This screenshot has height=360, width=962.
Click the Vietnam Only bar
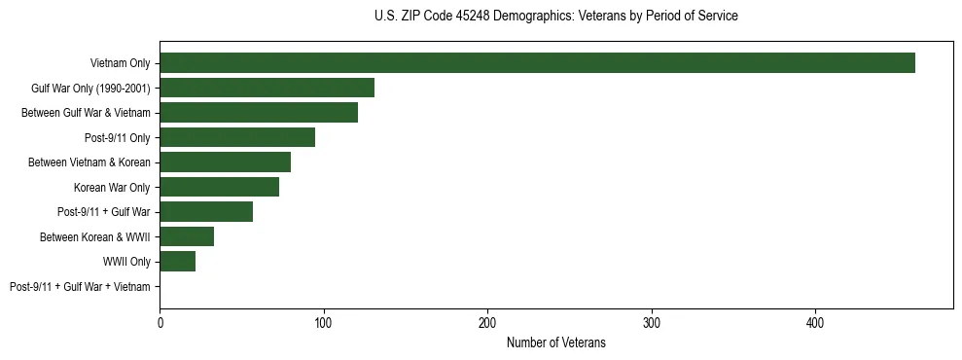537,63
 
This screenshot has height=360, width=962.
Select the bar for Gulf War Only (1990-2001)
267,88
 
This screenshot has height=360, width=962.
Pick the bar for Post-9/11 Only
237,137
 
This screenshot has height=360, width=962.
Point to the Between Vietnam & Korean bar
225,162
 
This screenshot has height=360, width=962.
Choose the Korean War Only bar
219,187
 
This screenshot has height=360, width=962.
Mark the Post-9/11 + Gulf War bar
206,212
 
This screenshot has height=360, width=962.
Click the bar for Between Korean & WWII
187,236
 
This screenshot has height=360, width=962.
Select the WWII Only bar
178,262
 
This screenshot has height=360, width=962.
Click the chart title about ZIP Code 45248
555,17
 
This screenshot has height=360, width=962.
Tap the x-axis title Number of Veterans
555,342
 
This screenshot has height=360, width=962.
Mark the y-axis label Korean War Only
112,187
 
